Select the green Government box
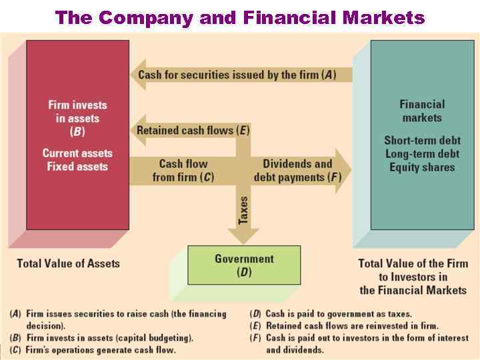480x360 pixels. (244, 265)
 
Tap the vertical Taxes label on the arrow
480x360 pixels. (243, 210)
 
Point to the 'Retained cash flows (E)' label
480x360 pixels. (193, 131)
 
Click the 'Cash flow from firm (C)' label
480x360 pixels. (183, 171)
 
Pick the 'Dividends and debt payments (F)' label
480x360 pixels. (297, 171)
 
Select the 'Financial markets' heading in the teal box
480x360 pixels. (422, 111)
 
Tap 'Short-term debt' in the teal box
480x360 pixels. (422, 141)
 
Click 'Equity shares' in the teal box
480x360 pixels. (422, 167)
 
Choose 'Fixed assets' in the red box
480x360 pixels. (77, 167)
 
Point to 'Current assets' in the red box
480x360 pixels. (77, 153)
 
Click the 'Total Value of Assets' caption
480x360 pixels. (68, 263)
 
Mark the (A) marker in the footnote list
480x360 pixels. (15, 314)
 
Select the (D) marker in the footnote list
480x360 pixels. (255, 314)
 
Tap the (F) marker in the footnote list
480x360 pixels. (255, 338)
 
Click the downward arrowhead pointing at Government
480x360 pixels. (243, 237)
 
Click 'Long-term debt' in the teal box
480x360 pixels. (422, 154)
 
